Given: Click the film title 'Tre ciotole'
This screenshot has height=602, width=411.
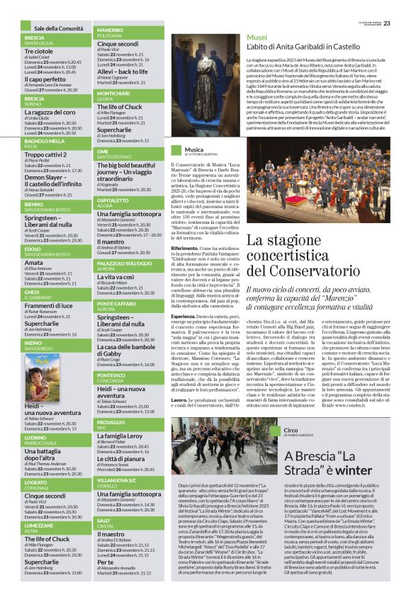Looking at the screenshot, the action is (38, 52).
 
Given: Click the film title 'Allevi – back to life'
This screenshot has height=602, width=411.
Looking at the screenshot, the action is (123, 72).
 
